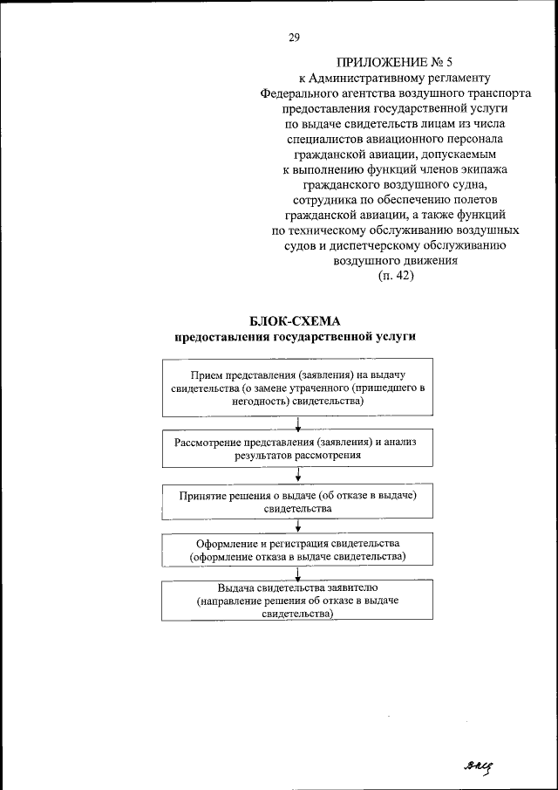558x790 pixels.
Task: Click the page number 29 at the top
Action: (x=295, y=37)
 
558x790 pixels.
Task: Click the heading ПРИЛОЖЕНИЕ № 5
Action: (x=394, y=62)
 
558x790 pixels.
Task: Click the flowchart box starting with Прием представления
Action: (x=298, y=387)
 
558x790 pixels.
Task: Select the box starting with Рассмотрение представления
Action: (x=298, y=449)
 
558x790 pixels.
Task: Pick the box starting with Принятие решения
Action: (x=298, y=501)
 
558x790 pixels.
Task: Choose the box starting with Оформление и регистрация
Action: (x=298, y=549)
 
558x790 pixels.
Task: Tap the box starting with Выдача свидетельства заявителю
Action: (x=298, y=601)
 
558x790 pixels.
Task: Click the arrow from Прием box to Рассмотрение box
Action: (x=298, y=424)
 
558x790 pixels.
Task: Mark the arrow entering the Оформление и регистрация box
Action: (x=298, y=525)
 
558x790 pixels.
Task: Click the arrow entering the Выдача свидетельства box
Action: (x=298, y=574)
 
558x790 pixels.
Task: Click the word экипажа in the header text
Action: (x=494, y=168)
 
